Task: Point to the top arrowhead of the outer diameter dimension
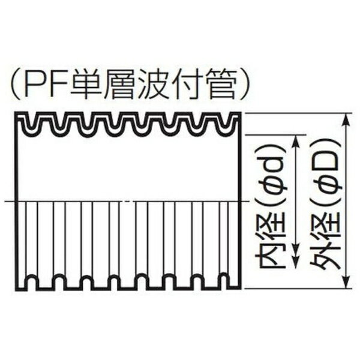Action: click(x=346, y=120)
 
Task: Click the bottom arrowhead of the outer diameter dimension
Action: click(x=346, y=282)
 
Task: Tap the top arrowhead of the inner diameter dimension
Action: click(x=296, y=142)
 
